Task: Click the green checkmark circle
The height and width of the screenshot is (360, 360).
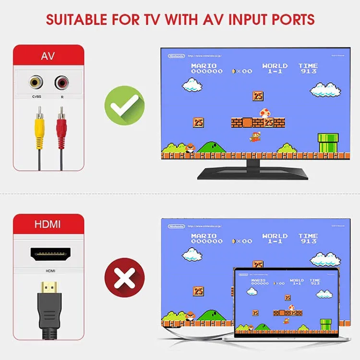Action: pos(125,105)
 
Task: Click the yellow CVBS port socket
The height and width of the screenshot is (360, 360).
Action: pos(35,83)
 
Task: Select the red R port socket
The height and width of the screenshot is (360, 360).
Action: pos(61,83)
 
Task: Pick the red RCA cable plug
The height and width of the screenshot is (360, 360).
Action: pos(61,127)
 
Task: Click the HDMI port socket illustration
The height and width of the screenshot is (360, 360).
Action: pos(50,253)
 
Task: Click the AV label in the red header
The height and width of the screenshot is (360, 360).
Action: pos(48,56)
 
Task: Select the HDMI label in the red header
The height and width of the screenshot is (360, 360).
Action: pos(48,224)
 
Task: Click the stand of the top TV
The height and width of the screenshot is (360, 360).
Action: pos(253,170)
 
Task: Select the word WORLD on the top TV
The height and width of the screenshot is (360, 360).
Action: pos(275,66)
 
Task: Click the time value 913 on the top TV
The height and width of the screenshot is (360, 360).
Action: pos(308,72)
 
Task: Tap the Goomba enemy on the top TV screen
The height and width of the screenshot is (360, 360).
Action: pos(189,147)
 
